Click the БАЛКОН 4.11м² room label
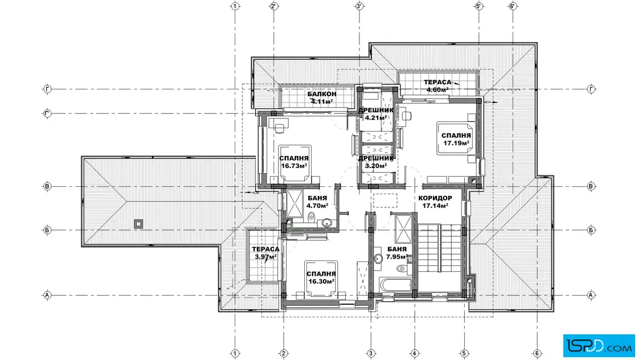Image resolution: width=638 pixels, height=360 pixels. pyautogui.click(x=322, y=97)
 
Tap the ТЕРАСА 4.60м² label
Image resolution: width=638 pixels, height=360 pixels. pyautogui.click(x=437, y=86)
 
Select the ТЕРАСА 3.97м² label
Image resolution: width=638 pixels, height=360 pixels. pyautogui.click(x=265, y=252)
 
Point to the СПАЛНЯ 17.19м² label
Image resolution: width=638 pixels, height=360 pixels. pyautogui.click(x=456, y=139)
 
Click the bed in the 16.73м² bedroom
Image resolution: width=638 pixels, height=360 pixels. pyautogui.click(x=295, y=163)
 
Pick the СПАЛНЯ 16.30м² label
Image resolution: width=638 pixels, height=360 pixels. pyautogui.click(x=321, y=277)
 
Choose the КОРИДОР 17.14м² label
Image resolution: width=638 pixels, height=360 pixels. pyautogui.click(x=435, y=202)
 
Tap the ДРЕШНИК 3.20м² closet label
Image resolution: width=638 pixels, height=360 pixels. pyautogui.click(x=376, y=162)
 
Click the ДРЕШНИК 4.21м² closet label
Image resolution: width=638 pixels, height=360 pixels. pyautogui.click(x=376, y=114)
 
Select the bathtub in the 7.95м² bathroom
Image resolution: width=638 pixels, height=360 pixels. pyautogui.click(x=395, y=284)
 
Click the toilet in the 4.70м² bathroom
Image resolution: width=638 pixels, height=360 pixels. pyautogui.click(x=312, y=217)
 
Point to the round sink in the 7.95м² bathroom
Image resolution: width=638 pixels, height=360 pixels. pyautogui.click(x=378, y=259)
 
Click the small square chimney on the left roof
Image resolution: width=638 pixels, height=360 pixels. pyautogui.click(x=139, y=224)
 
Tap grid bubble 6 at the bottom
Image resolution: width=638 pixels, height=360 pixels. pyautogui.click(x=537, y=353)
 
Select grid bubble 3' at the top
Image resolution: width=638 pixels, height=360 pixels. pyautogui.click(x=359, y=6)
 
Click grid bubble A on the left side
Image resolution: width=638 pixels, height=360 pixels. pyautogui.click(x=47, y=295)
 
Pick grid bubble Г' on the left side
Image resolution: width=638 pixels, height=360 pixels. pyautogui.click(x=47, y=113)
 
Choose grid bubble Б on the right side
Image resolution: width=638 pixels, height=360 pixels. pyautogui.click(x=591, y=230)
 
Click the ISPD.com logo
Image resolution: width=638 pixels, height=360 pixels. pyautogui.click(x=599, y=346)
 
